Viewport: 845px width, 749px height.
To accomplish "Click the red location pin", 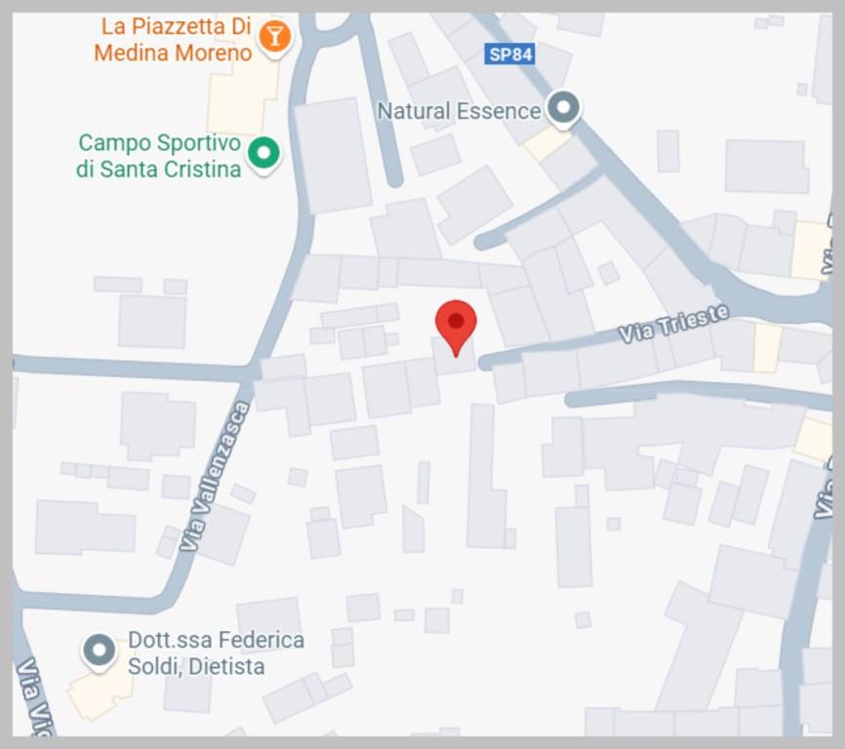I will click(455, 324).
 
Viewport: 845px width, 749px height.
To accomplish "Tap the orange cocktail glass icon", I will click(275, 36).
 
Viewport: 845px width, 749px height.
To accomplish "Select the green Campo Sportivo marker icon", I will click(262, 152).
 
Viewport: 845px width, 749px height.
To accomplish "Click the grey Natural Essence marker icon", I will click(562, 107).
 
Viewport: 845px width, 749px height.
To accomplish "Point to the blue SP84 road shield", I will click(509, 55).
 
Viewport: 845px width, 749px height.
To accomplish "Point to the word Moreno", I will click(214, 53).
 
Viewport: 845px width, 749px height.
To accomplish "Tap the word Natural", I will click(411, 110).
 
